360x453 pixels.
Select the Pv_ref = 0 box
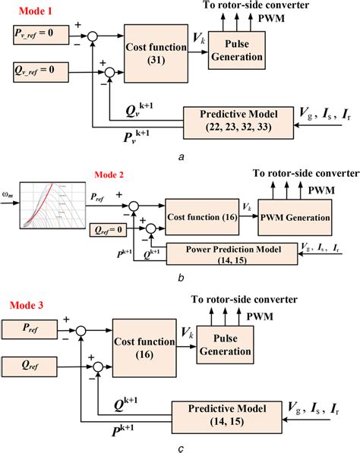point(38,34)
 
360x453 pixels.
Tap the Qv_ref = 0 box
point(38,73)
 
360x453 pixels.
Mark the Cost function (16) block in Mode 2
point(201,218)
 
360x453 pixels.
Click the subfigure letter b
point(179,278)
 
